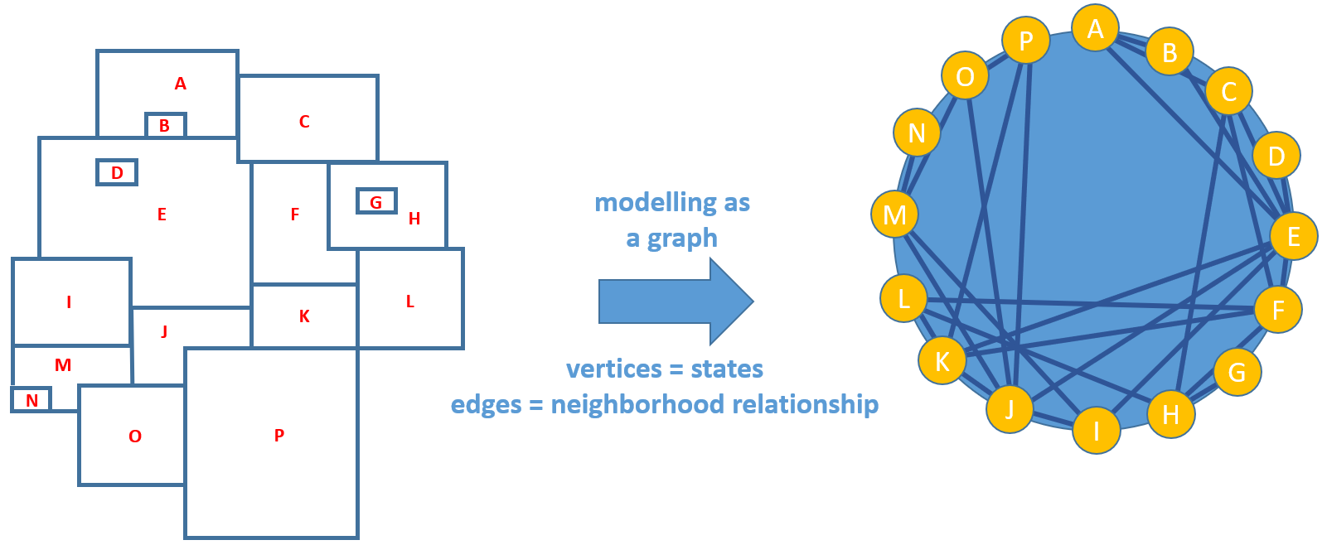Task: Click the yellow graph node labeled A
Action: [1095, 28]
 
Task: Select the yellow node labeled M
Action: [894, 215]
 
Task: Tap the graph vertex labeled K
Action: [942, 360]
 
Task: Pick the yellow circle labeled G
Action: [1237, 372]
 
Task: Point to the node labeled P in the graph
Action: [1026, 40]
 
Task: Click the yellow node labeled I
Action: [1096, 430]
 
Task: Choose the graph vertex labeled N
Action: [917, 133]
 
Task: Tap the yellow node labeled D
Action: [1276, 155]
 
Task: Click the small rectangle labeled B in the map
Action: [165, 125]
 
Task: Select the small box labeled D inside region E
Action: [117, 172]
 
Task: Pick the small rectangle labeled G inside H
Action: [376, 201]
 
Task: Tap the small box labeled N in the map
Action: [31, 400]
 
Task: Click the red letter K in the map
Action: [304, 316]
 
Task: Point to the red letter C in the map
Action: [304, 122]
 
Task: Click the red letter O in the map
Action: [135, 436]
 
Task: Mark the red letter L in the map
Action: [410, 301]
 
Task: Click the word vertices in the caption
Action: [613, 369]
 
